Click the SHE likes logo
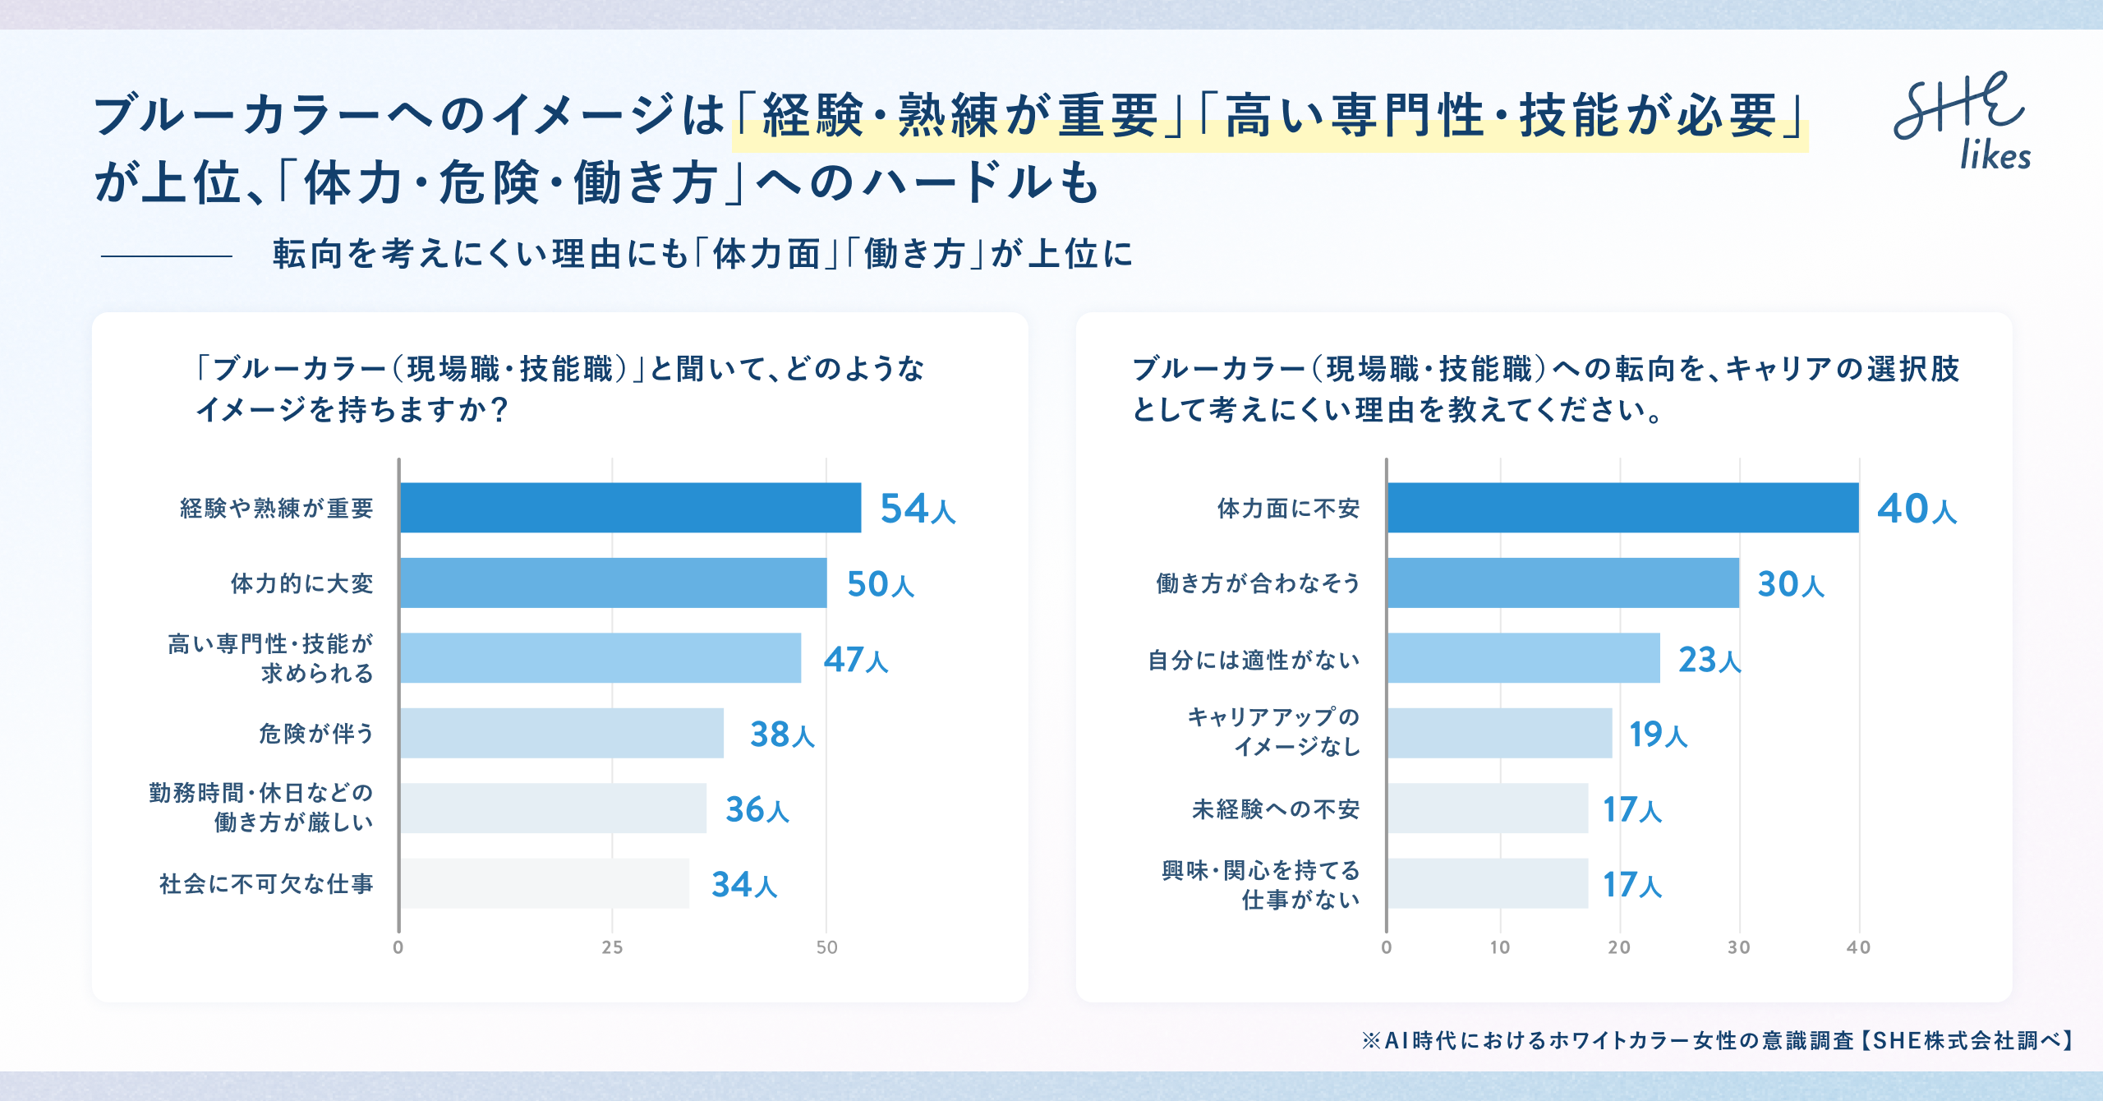pos(1962,122)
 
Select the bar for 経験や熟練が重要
pos(630,508)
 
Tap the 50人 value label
pos(881,583)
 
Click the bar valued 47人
pos(601,657)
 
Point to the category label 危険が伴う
pos(316,733)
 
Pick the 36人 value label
pos(757,808)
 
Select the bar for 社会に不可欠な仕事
pos(545,883)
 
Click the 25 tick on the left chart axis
pos(612,947)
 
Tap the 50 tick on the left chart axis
pos(827,947)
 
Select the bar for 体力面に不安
pos(1623,508)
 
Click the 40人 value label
pos(1917,508)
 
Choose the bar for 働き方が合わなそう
pos(1563,583)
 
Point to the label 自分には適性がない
pos(1254,660)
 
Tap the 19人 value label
pos(1659,734)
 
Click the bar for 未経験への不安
pos(1488,808)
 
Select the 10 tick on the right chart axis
pos(1500,947)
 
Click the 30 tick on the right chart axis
pos(1739,947)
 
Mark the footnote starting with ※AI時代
pos(1719,1040)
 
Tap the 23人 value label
pos(1710,659)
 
